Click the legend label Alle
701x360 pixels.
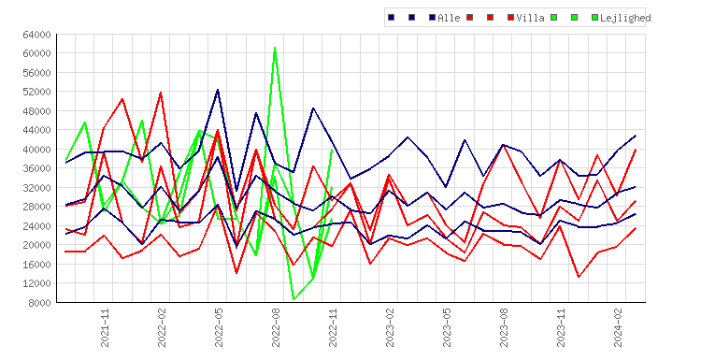click(449, 18)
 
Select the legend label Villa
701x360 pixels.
click(530, 18)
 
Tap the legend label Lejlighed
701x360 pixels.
click(625, 18)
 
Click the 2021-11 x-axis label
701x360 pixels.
click(105, 327)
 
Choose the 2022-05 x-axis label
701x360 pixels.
click(219, 327)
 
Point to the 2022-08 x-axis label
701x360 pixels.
click(276, 327)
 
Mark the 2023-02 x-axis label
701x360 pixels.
click(390, 327)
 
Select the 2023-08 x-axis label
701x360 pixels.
click(504, 327)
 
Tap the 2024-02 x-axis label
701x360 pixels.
click(618, 327)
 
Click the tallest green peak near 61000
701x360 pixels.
click(275, 47)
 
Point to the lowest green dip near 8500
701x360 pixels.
click(293, 299)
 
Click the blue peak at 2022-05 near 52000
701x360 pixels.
click(218, 90)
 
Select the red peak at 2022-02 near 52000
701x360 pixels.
click(161, 93)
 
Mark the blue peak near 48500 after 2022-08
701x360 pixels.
click(313, 108)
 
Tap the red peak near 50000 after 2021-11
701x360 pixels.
click(122, 98)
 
